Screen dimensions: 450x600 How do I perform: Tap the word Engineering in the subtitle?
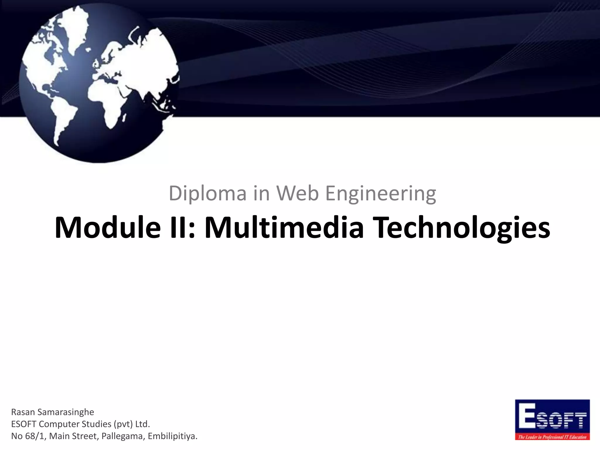381,194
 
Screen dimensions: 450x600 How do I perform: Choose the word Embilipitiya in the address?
172,436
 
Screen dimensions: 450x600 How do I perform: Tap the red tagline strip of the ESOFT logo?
552,437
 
